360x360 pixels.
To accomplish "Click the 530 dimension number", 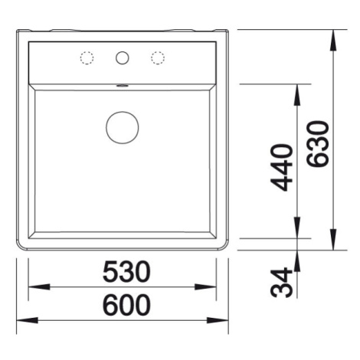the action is click(126, 271).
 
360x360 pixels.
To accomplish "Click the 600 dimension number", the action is click(126, 305).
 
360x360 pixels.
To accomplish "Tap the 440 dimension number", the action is click(281, 168).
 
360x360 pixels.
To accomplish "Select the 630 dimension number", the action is click(317, 144).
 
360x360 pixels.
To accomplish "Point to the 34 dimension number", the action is click(281, 283).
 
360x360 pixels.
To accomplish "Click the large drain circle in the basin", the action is click(123, 127).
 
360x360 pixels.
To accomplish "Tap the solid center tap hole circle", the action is click(122, 57).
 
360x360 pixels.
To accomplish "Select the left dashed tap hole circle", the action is click(87, 58).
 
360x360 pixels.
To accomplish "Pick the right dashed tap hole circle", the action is click(158, 58).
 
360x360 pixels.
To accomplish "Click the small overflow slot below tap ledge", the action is click(123, 86).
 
